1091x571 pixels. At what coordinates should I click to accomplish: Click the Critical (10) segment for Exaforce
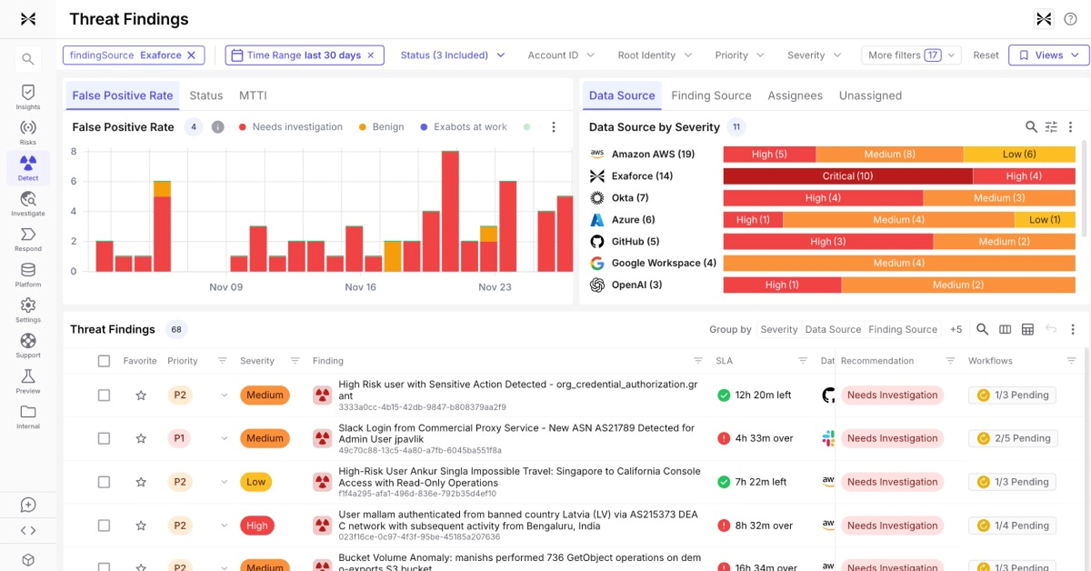point(848,176)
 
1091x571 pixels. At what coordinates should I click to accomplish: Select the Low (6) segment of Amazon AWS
point(1019,154)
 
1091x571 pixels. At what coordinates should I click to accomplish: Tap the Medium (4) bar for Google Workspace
point(899,263)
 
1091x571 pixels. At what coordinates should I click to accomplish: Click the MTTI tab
point(253,96)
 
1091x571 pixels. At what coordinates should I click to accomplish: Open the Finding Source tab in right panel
point(711,96)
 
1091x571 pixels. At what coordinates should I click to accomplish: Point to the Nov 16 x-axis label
point(360,287)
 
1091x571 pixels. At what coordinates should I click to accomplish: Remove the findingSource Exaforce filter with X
point(191,56)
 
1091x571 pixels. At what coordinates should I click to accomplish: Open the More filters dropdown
point(910,56)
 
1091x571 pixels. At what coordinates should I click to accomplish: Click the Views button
point(1048,56)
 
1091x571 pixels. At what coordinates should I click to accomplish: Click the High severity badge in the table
point(257,525)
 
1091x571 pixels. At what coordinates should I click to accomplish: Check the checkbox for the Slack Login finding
point(104,438)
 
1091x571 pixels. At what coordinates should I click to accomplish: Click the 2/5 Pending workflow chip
point(1014,438)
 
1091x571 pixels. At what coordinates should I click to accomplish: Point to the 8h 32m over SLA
point(763,525)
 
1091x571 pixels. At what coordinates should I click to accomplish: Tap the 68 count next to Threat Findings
point(176,329)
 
